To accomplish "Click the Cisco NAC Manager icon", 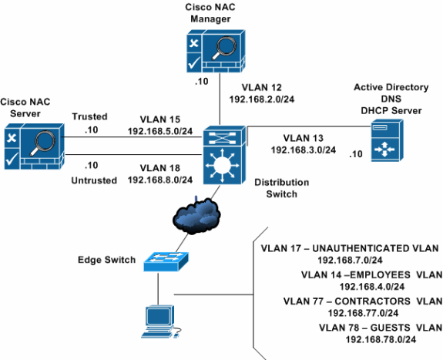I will (x=215, y=52).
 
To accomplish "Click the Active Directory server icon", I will (x=383, y=146).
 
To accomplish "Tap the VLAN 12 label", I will (x=260, y=88).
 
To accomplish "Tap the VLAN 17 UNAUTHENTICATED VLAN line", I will (x=350, y=248).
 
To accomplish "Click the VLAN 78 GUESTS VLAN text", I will (x=379, y=328).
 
